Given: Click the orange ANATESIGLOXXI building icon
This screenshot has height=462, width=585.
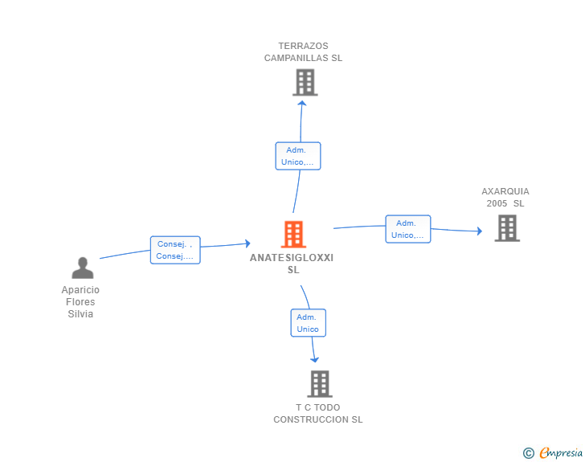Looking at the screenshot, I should coord(294,235).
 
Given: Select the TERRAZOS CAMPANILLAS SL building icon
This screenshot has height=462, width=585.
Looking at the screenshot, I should coord(305,83).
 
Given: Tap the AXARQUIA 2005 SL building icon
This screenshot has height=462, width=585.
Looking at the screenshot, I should coord(506,228).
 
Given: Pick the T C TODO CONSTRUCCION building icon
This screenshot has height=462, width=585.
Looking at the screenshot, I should coord(319,384).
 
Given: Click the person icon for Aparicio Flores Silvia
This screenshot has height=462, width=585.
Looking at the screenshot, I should coord(82,268).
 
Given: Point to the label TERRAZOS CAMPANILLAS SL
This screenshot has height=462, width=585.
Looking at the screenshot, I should coord(304,52).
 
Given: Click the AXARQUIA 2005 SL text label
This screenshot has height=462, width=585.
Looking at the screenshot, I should coord(505,198).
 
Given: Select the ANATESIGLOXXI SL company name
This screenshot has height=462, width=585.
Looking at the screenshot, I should coord(292,264).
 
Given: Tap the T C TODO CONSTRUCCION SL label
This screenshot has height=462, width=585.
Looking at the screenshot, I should coord(318,414).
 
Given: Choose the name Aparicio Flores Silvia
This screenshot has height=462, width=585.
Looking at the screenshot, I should coord(80,302).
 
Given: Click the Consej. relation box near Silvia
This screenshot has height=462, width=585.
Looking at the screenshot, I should coord(175,250).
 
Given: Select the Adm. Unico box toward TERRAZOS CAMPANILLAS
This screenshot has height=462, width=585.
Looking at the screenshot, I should coord(298,156).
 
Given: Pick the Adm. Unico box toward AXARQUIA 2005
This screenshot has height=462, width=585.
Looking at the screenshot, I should coord(408,229).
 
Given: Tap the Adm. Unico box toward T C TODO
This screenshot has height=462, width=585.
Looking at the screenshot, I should coord(308,323).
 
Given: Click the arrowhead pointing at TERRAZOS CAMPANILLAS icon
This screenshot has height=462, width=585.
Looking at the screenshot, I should coord(301,101).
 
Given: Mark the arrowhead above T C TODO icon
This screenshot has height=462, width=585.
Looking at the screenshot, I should coord(314,359).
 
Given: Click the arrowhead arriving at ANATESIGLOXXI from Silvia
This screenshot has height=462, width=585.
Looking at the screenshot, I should coord(247,243).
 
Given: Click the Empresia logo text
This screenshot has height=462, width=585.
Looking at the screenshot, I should coord(560,452).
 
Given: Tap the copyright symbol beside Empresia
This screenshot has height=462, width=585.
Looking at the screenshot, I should coord(529,453).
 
